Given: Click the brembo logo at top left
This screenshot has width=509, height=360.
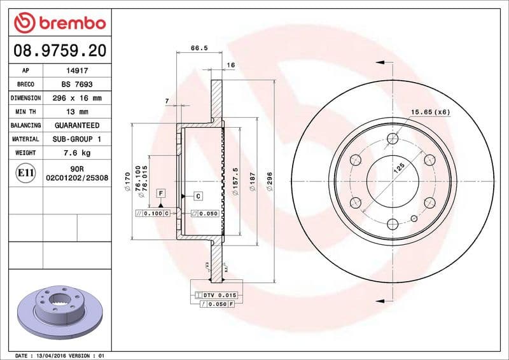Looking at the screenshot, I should [x=59, y=23].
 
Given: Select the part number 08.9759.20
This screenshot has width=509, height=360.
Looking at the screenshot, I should [x=59, y=50].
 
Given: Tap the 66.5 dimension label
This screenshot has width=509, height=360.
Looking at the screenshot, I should [x=199, y=48].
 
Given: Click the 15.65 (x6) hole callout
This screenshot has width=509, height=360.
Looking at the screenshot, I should [x=430, y=112].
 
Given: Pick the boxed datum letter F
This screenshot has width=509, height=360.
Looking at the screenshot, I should [x=161, y=193].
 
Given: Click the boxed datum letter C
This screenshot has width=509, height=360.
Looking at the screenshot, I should [x=198, y=196].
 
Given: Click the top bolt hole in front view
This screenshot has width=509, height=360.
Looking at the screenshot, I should [x=392, y=139].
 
